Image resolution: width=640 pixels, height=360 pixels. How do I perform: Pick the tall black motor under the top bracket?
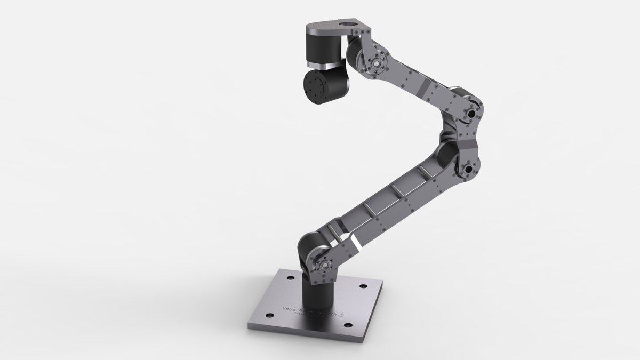click(323, 46)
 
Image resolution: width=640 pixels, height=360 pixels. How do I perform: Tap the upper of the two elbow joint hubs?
click(472, 114)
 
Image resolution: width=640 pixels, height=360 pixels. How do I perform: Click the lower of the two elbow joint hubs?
click(469, 170)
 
